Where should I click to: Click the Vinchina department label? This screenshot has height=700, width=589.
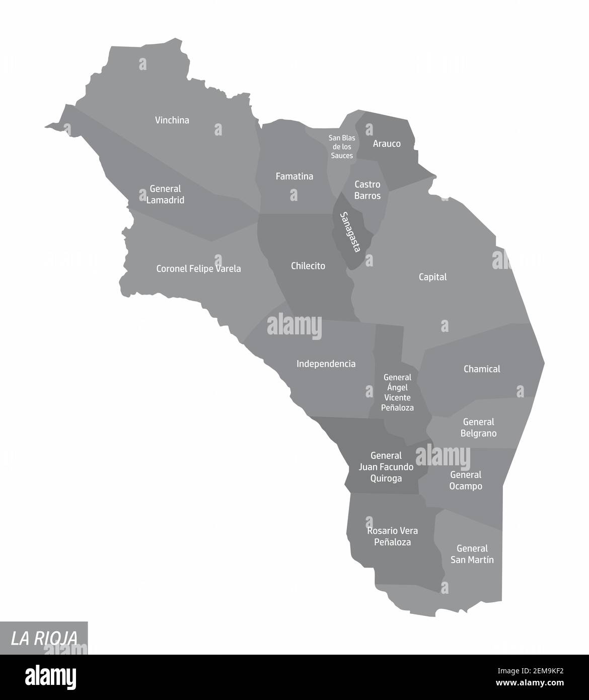pyautogui.click(x=172, y=120)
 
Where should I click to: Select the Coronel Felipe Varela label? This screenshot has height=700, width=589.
pyautogui.click(x=198, y=269)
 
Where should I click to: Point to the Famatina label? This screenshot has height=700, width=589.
pyautogui.click(x=294, y=176)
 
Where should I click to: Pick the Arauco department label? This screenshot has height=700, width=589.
pyautogui.click(x=387, y=144)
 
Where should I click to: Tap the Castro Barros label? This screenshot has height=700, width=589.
pyautogui.click(x=367, y=190)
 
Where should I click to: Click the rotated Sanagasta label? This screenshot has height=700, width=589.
pyautogui.click(x=350, y=232)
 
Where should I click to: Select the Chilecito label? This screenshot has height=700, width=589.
pyautogui.click(x=308, y=266)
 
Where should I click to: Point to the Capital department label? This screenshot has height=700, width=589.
pyautogui.click(x=433, y=277)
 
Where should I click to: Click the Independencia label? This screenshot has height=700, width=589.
pyautogui.click(x=326, y=364)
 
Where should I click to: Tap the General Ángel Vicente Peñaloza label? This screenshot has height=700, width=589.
pyautogui.click(x=397, y=392)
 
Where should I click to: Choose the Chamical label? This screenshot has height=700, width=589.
pyautogui.click(x=482, y=369)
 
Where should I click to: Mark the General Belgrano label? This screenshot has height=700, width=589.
pyautogui.click(x=478, y=428)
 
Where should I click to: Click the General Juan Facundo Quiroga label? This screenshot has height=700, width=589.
pyautogui.click(x=386, y=467)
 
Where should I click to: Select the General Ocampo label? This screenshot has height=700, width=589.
pyautogui.click(x=466, y=480)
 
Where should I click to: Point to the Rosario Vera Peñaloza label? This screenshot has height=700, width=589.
pyautogui.click(x=392, y=536)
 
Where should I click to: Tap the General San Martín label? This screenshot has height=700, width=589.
pyautogui.click(x=472, y=554)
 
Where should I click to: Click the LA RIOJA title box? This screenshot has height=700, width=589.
pyautogui.click(x=44, y=638)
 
